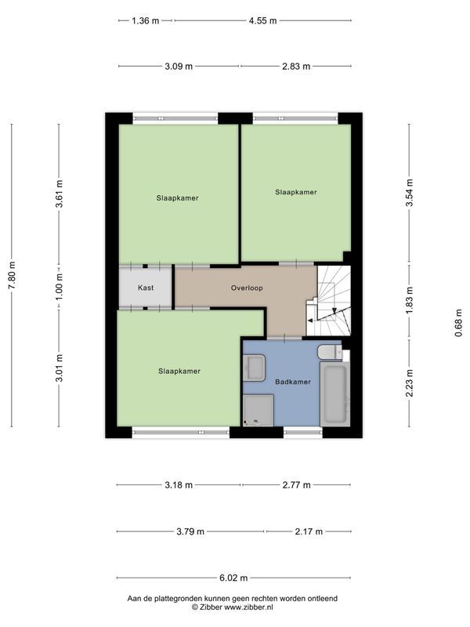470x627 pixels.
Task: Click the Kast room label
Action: (x=145, y=288)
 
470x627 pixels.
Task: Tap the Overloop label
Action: (x=247, y=288)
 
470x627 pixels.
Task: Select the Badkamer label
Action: (x=293, y=382)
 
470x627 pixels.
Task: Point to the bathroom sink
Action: (x=255, y=366)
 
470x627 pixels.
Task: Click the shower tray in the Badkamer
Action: (x=258, y=410)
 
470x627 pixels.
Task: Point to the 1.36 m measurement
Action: (x=145, y=21)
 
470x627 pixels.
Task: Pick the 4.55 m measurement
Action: (x=262, y=21)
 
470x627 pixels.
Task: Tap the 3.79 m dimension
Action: (x=190, y=531)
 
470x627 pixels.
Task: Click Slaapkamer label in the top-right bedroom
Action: (x=295, y=191)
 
